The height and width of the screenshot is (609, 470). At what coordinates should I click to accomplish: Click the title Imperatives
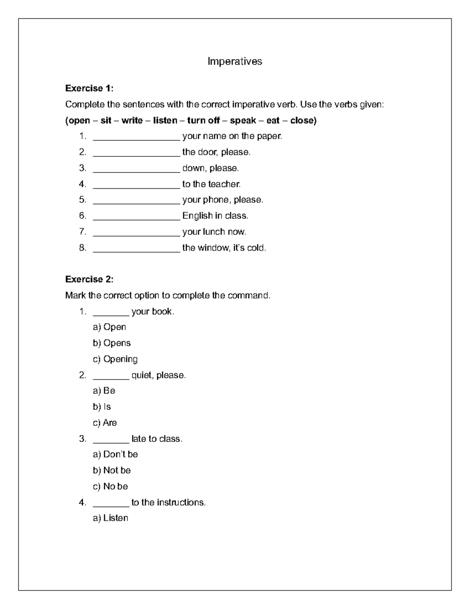[235, 62]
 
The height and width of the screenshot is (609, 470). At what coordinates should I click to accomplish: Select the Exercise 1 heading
[89, 88]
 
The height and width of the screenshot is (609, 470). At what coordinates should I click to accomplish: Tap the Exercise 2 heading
[89, 279]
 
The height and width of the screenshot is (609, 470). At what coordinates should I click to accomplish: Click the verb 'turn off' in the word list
[203, 120]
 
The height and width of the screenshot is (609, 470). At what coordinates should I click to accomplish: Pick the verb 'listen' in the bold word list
[165, 120]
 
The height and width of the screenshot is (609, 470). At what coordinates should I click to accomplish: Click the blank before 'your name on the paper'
[136, 137]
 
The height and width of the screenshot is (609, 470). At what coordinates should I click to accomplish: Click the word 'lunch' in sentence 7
[214, 232]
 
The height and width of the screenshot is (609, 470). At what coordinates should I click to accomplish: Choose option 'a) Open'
[109, 327]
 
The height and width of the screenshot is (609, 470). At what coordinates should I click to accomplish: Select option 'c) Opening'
[115, 359]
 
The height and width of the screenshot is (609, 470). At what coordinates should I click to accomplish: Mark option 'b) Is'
[102, 407]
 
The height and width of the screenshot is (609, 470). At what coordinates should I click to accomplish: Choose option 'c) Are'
[105, 423]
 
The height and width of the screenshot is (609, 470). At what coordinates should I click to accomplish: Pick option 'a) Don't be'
[115, 454]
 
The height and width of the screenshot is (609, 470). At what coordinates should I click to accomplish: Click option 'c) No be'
[110, 486]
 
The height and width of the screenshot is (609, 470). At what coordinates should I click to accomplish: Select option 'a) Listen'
[110, 518]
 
